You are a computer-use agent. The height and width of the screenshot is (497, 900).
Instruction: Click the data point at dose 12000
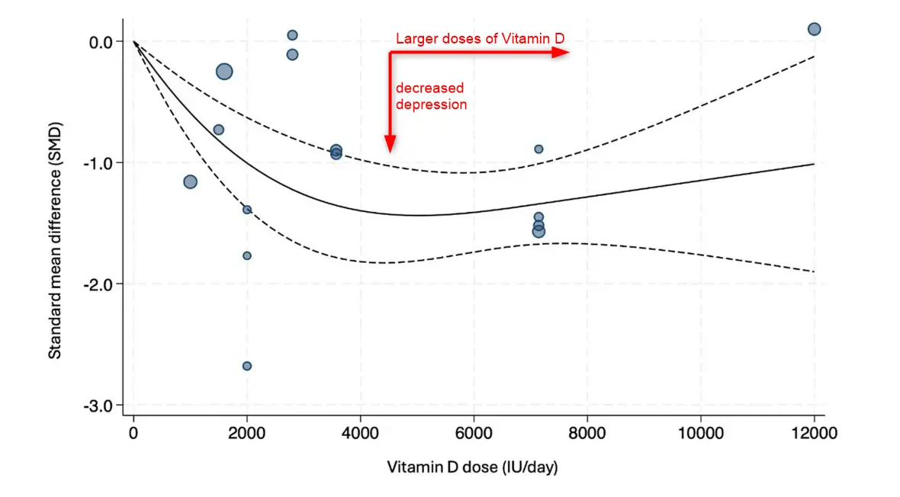814,29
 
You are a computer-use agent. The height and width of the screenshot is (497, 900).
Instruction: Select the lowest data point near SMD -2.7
247,366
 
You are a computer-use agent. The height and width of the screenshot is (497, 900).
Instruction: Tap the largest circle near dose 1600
224,71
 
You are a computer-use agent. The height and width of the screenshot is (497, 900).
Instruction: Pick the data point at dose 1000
190,181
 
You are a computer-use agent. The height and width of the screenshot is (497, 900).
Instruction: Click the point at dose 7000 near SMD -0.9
538,149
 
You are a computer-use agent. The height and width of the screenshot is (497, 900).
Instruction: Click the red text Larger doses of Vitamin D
480,39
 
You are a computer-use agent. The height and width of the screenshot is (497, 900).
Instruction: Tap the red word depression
431,104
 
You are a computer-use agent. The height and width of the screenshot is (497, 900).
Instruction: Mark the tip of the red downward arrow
391,152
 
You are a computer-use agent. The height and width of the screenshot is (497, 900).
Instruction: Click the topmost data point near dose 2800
292,35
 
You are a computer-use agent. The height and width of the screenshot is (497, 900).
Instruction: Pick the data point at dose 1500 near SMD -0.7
219,130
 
